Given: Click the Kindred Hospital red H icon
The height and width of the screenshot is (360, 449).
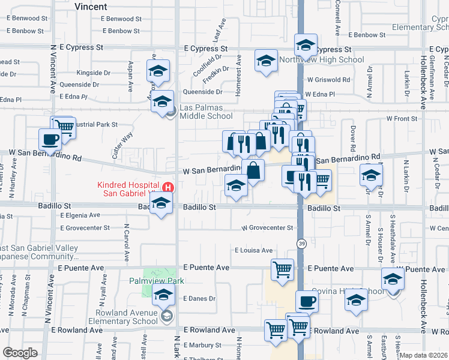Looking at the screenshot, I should (x=169, y=188).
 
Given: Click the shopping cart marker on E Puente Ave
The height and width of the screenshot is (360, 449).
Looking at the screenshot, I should (x=282, y=269).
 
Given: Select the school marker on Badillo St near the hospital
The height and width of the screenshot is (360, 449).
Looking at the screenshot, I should (x=161, y=204).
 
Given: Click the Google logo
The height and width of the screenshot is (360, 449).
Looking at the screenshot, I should (x=20, y=353).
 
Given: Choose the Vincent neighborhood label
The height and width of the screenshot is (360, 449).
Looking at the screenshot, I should (x=91, y=7).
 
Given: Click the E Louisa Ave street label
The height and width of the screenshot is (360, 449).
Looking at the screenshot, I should (x=253, y=250).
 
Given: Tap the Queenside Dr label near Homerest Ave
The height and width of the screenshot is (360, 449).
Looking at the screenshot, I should (x=202, y=92).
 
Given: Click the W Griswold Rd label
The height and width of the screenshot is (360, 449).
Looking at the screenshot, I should (x=328, y=79).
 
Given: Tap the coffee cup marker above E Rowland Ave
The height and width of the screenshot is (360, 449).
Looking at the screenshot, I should (x=307, y=301).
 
